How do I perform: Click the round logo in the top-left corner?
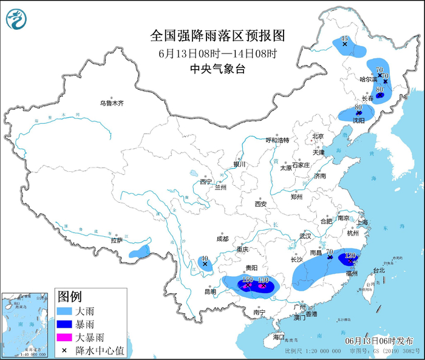click(15, 19)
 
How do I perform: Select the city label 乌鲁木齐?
click(112, 103)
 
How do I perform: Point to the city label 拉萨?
click(116, 240)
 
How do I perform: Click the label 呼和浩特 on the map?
click(277, 140)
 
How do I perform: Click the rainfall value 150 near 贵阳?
click(247, 279)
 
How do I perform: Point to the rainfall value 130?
click(263, 280)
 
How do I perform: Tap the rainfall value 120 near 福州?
click(349, 256)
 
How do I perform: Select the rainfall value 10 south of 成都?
click(205, 258)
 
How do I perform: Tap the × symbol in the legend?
click(64, 350)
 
